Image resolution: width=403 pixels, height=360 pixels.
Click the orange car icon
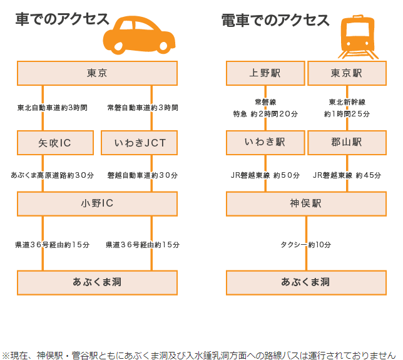click(x=139, y=36)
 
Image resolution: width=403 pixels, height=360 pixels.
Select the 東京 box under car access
click(x=97, y=73)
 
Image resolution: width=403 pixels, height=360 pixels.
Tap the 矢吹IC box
click(x=55, y=143)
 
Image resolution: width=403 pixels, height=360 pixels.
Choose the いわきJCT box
click(x=140, y=143)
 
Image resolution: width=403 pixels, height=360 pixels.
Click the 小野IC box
click(x=97, y=203)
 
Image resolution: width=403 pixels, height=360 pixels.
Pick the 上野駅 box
click(x=265, y=73)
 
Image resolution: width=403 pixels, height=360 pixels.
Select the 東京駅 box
click(x=347, y=73)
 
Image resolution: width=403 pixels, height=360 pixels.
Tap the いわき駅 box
click(x=265, y=143)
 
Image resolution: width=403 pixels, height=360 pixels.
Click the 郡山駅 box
click(x=347, y=143)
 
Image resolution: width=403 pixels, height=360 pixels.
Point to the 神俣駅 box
click(x=306, y=203)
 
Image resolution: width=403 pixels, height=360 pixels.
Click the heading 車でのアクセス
click(x=62, y=20)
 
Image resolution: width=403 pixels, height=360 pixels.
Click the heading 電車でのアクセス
click(x=275, y=21)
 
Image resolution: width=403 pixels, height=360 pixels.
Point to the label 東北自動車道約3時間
click(x=52, y=108)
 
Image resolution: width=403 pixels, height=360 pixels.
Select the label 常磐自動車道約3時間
click(x=143, y=108)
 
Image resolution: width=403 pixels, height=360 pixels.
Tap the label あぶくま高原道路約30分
click(x=52, y=175)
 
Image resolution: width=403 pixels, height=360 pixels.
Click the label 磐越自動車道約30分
click(x=143, y=175)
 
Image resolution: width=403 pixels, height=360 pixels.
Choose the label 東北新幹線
click(x=347, y=102)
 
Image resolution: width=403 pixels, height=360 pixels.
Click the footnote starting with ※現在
click(x=199, y=354)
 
